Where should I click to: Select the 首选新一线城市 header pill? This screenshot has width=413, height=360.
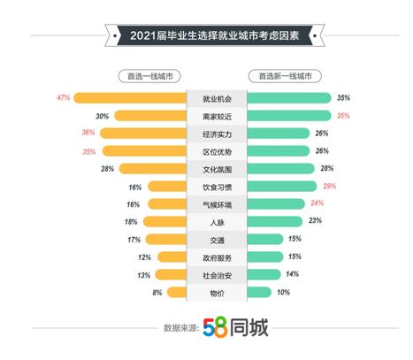click(x=285, y=77)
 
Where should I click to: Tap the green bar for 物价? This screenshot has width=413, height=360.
click(x=258, y=291)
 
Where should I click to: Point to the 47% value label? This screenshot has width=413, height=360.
click(x=63, y=97)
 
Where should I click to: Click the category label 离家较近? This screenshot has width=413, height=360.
click(x=216, y=115)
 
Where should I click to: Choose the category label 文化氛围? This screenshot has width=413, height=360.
click(x=216, y=168)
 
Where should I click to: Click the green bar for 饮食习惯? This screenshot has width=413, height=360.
click(x=284, y=186)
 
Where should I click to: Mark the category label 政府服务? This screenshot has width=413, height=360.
click(x=216, y=257)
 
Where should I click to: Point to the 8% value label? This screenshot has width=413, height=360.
click(x=157, y=291)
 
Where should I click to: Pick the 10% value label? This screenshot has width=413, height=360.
click(x=284, y=291)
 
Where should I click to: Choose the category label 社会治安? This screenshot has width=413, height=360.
click(x=216, y=274)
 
